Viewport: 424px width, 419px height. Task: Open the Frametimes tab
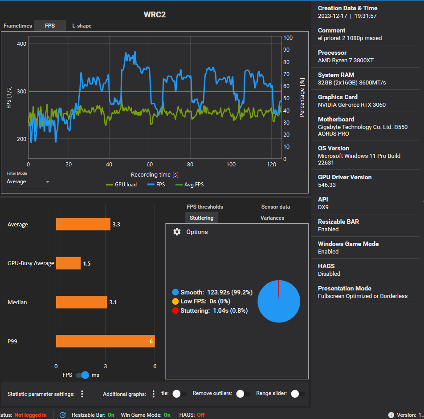pyautogui.click(x=17, y=26)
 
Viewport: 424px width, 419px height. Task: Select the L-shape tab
pyautogui.click(x=82, y=26)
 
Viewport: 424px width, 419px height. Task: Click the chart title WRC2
pyautogui.click(x=155, y=15)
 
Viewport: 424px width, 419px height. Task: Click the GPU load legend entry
pyautogui.click(x=122, y=185)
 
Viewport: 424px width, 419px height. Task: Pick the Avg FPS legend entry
pyautogui.click(x=190, y=185)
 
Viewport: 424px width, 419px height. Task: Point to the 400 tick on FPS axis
pyautogui.click(x=22, y=44)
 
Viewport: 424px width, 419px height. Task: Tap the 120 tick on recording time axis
pyautogui.click(x=272, y=165)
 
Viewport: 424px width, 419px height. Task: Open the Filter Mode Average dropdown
pyautogui.click(x=28, y=181)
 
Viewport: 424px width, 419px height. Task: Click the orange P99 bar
pyautogui.click(x=106, y=341)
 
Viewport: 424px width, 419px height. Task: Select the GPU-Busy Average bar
pyautogui.click(x=69, y=263)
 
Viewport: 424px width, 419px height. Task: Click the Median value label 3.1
pyautogui.click(x=113, y=302)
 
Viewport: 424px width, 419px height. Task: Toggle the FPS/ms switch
pyautogui.click(x=82, y=375)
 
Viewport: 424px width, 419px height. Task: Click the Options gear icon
pyautogui.click(x=177, y=232)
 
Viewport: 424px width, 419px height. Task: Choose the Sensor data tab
pyautogui.click(x=276, y=207)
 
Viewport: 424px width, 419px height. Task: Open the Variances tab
pyautogui.click(x=272, y=218)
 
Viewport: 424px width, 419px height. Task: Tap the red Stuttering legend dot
pyautogui.click(x=175, y=311)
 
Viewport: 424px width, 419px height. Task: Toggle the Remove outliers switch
pyautogui.click(x=243, y=394)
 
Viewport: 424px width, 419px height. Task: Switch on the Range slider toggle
pyautogui.click(x=298, y=394)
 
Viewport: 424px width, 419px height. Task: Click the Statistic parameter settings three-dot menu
pyautogui.click(x=82, y=394)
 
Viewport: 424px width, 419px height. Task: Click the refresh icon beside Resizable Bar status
pyautogui.click(x=62, y=415)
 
